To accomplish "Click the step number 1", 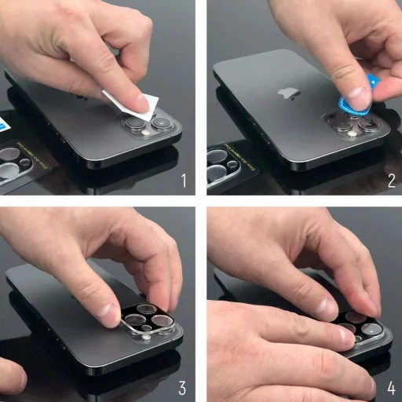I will pyautogui.click(x=183, y=181).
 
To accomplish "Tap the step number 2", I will pyautogui.click(x=390, y=181).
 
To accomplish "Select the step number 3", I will pyautogui.click(x=183, y=387).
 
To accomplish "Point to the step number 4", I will pyautogui.click(x=390, y=387).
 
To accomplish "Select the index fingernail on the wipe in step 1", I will pyautogui.click(x=140, y=102).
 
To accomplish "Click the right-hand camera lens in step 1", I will pyautogui.click(x=162, y=122).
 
